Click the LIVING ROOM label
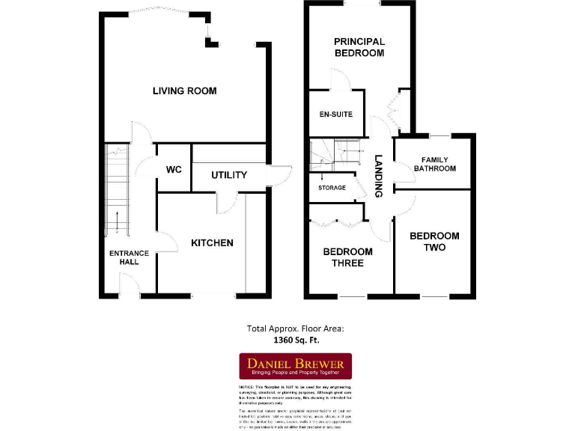coord(184,91)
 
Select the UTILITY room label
coord(228,175)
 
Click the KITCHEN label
coord(212,243)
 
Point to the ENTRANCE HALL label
coord(129,257)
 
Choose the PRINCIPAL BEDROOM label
coord(359,47)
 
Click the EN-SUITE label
coord(335,114)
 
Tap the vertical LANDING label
coord(379,176)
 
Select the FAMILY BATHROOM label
coord(434,164)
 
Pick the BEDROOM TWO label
coord(434,242)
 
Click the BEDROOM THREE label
coord(347,257)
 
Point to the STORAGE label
coord(332,188)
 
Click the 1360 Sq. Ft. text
coord(295,339)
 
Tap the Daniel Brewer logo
coord(295,366)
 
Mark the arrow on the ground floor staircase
coord(118,223)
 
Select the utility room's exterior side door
coord(280,174)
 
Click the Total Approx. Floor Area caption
coord(295,328)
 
